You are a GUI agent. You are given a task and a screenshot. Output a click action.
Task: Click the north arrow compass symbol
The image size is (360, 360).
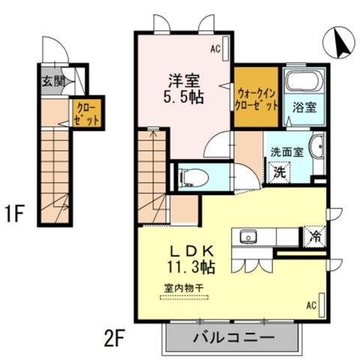click(x=339, y=43)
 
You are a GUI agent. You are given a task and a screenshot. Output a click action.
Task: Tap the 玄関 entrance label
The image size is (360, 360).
click(x=54, y=81)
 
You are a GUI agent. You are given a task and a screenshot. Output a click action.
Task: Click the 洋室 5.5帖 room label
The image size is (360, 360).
click(x=184, y=89)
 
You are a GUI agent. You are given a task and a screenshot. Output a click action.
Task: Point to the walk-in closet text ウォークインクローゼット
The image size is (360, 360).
click(x=256, y=100)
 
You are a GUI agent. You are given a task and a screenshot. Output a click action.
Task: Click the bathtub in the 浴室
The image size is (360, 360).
click(x=304, y=81)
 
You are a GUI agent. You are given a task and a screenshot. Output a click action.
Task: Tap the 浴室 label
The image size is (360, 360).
click(x=304, y=107)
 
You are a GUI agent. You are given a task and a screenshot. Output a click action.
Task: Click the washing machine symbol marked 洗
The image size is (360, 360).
click(x=280, y=172)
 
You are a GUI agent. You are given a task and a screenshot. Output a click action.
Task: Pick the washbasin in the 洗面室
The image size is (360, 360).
click(x=316, y=146)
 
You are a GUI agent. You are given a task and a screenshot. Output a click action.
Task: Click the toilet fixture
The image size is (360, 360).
click(x=193, y=178)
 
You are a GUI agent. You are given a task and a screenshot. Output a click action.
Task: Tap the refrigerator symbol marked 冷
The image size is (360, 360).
click(x=315, y=236)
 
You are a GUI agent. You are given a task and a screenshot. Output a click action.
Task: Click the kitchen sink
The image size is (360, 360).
click(x=248, y=236)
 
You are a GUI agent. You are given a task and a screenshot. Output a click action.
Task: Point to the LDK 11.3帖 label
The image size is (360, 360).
click(x=191, y=260)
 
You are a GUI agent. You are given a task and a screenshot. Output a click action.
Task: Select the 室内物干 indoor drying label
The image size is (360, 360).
click(x=184, y=289)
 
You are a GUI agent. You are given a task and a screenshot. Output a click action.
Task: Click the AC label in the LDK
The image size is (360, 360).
click(x=311, y=305)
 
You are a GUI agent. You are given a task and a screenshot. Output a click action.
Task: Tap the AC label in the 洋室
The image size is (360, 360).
click(x=215, y=49)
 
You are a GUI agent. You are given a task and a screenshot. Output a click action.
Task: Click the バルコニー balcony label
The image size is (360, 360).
click(x=234, y=338)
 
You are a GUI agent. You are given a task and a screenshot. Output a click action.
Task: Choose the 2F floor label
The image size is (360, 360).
click(x=114, y=338)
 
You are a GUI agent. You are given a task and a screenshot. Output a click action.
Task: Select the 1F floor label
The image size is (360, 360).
click(x=14, y=214)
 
